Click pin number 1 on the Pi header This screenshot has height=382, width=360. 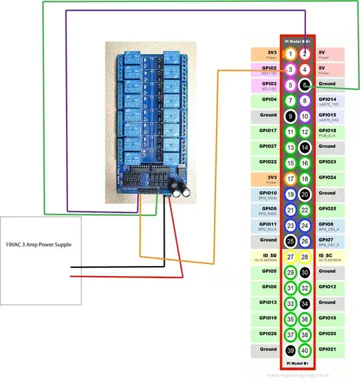click(x=290, y=54)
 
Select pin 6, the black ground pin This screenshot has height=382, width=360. click(x=305, y=85)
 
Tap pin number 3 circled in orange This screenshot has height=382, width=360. click(x=290, y=69)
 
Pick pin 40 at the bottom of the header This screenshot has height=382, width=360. click(x=305, y=349)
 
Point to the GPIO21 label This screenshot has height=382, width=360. click(x=327, y=349)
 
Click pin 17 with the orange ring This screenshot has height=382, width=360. click(x=290, y=178)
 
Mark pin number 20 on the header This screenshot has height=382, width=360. click(x=305, y=194)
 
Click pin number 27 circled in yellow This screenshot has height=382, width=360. click(x=290, y=256)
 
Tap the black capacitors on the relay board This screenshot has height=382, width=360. click(x=178, y=189)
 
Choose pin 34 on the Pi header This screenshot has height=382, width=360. click(x=305, y=303)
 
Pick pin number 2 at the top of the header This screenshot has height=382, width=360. click(x=305, y=54)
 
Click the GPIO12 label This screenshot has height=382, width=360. click(x=327, y=287)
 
